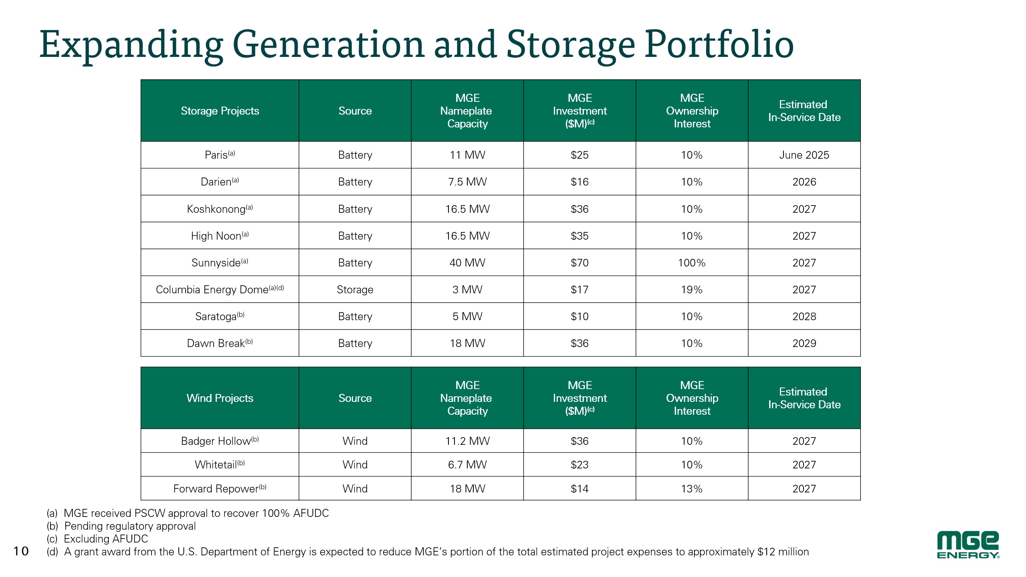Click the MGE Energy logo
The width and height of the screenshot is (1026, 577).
coord(968,545)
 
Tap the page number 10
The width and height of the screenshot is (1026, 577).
coord(21,551)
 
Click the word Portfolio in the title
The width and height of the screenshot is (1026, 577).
coord(719,44)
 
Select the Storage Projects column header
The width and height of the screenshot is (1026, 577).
coord(220,111)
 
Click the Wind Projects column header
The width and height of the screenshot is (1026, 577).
coord(220,398)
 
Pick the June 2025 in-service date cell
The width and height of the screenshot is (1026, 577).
coord(804,155)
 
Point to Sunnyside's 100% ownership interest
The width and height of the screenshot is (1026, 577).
coord(692,263)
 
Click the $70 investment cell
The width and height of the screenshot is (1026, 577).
coord(580,263)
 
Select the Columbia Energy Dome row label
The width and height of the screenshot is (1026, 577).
coord(220,289)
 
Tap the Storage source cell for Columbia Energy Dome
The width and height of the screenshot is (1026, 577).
coord(355,290)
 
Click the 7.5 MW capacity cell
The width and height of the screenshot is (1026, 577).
coord(467,182)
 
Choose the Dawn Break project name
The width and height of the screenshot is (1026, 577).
coord(220,343)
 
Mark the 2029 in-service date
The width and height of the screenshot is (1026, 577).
coord(804,343)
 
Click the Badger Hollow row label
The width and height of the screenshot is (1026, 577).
coord(220,441)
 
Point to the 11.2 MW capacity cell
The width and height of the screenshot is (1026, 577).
coord(467,441)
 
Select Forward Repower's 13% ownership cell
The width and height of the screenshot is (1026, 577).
coord(692,489)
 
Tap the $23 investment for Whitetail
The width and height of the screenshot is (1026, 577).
coord(580,465)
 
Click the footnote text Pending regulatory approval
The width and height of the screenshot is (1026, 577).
coord(130,526)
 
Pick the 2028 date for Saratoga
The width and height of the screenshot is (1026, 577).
coord(804,317)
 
